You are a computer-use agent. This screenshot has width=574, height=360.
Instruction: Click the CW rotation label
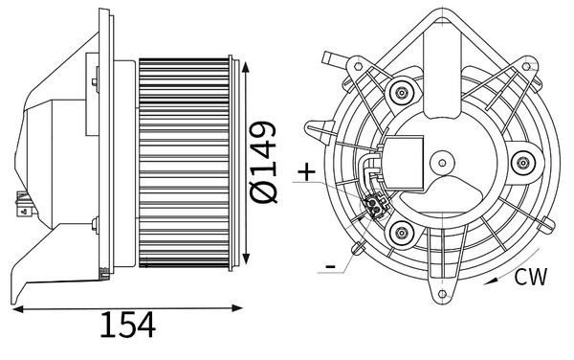[x=530, y=278]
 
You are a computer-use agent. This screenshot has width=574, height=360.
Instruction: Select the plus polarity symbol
[x=306, y=172]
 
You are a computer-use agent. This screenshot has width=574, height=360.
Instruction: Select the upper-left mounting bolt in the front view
[x=403, y=93]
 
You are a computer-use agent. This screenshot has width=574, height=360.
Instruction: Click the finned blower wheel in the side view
[x=187, y=163]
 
